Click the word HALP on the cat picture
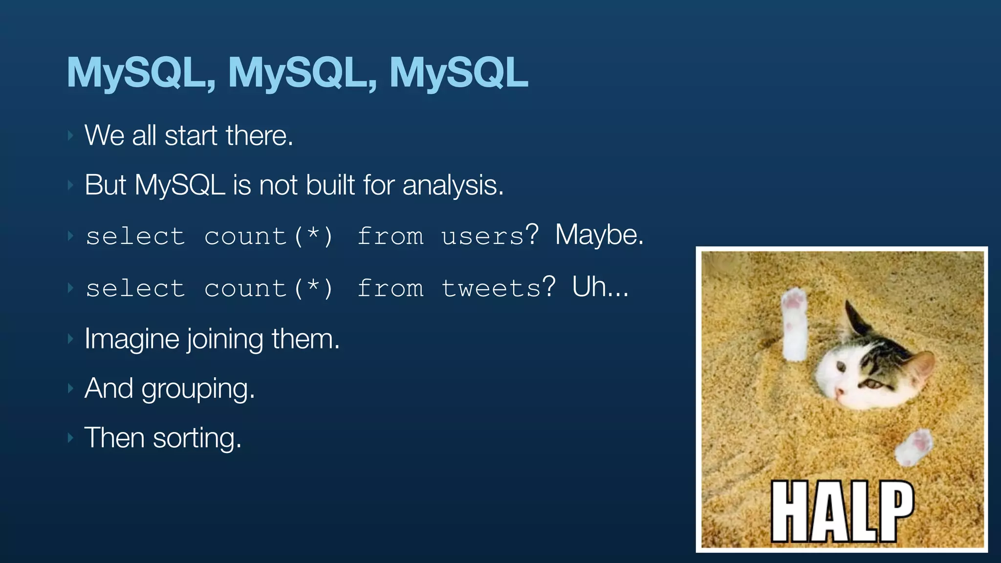(842, 511)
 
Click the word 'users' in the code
(482, 237)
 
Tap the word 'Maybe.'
(599, 235)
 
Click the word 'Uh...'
(600, 287)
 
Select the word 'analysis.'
(453, 186)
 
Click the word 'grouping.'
(198, 390)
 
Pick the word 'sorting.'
(197, 438)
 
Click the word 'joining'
(225, 339)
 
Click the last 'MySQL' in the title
(458, 72)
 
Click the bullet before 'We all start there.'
(71, 135)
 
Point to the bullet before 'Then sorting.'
(71, 437)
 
